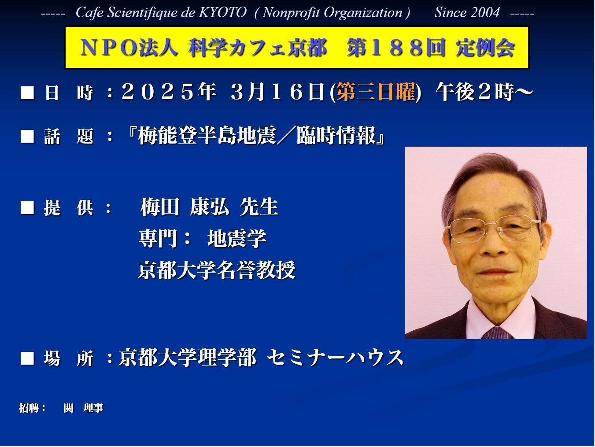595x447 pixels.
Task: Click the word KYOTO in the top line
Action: point(222,12)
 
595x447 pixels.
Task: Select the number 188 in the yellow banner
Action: point(396,48)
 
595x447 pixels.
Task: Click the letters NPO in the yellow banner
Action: point(109,48)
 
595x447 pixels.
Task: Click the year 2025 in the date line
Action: point(158,92)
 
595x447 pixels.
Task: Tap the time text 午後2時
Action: point(475,92)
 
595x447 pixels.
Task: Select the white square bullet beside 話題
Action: point(27,136)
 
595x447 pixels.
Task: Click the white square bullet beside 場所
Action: point(27,358)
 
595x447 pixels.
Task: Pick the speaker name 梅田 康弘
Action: point(185,207)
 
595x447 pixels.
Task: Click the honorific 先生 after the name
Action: point(259,207)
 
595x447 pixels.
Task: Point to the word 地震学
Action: point(237,239)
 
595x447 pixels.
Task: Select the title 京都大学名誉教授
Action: point(216,270)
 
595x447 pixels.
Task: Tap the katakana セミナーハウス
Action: point(335,358)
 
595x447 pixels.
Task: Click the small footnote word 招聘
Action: point(29,408)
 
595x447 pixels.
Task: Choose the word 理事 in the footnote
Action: point(93,408)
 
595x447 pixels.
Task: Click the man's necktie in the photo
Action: point(498,332)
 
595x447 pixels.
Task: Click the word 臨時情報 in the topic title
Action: point(336,136)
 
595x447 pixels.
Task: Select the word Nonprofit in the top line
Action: point(292,13)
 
